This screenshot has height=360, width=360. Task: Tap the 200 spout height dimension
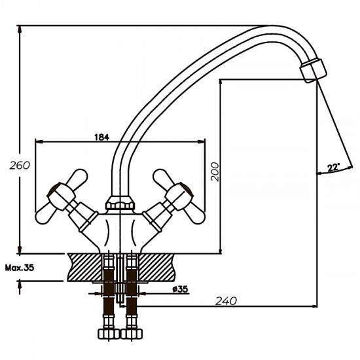(x=213, y=171)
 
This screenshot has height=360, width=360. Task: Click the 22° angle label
(x=333, y=168)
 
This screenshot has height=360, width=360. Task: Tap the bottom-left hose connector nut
(x=109, y=333)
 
